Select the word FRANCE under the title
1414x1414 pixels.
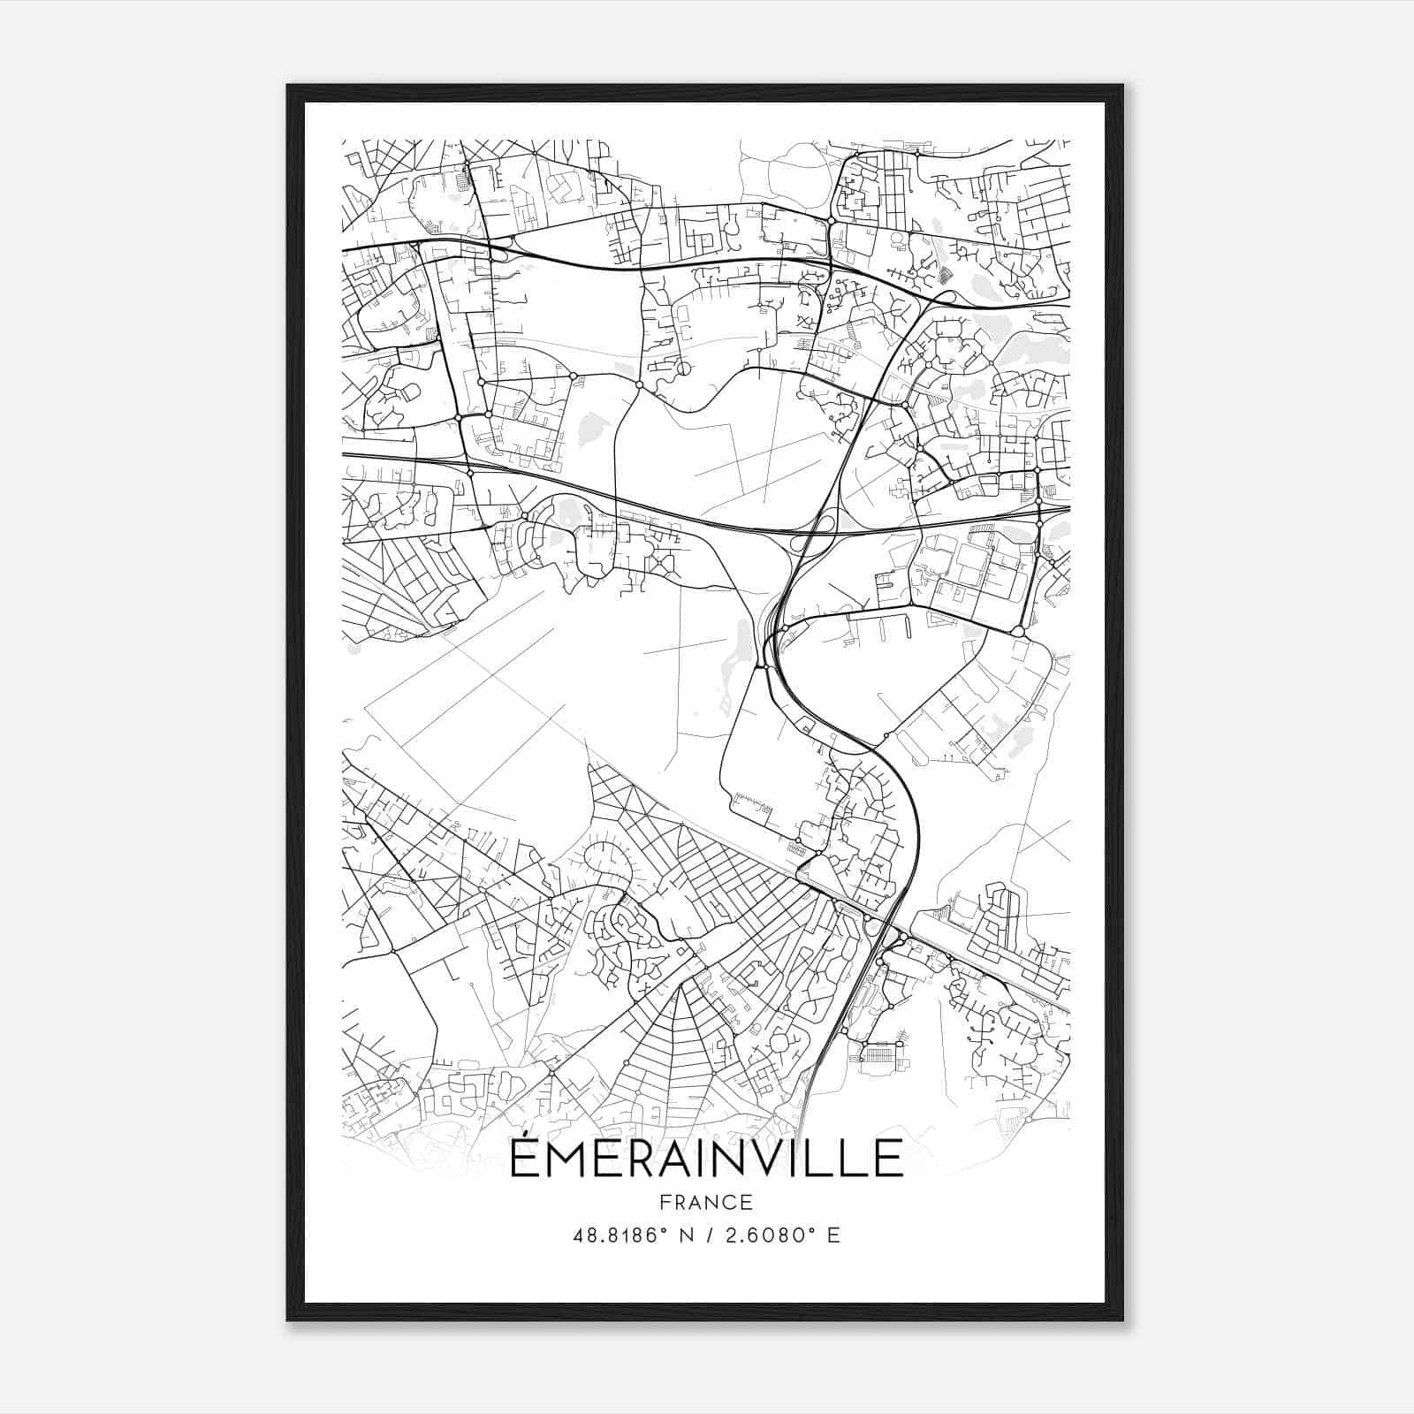click(x=706, y=1202)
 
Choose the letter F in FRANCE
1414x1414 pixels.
click(x=664, y=1202)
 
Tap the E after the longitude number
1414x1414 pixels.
click(x=833, y=1235)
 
